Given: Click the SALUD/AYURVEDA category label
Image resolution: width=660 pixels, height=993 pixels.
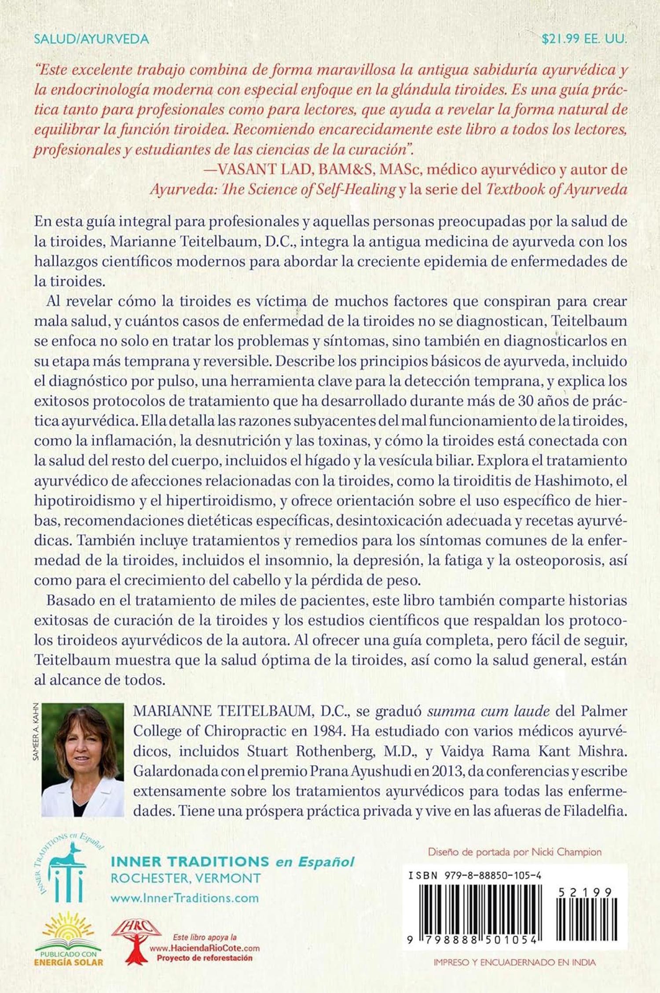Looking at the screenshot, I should pos(92,39).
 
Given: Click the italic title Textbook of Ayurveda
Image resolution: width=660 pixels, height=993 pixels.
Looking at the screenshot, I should pos(557,189).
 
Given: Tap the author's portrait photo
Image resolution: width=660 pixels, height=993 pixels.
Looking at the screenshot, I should pos(83,759).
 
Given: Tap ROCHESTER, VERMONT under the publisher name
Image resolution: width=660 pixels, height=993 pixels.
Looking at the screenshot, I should pos(186,878).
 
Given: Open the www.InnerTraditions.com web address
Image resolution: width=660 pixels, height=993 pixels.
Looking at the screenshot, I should pos(185,898).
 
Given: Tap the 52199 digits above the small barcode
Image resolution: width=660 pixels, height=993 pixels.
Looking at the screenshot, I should pos(585,892).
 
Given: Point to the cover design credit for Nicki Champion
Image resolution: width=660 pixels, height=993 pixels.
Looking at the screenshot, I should pos(514,852).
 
